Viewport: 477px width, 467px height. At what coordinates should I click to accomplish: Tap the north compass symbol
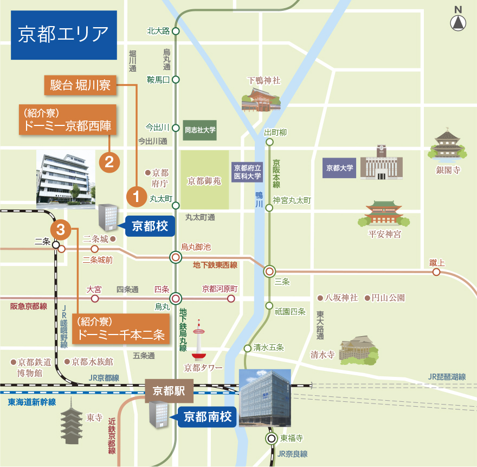pos(459,22)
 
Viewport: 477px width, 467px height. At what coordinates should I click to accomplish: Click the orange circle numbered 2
pos(109,162)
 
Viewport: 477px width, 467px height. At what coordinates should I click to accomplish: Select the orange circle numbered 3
pos(60,230)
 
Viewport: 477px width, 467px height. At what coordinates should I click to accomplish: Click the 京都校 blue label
pos(150,225)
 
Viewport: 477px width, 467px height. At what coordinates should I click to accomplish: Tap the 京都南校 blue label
pos(207,417)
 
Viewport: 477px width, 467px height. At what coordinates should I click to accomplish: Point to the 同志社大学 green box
pos(200,130)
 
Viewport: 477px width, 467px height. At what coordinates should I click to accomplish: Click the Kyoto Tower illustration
pos(199,342)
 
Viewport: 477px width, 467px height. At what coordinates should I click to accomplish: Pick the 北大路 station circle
pos(175,31)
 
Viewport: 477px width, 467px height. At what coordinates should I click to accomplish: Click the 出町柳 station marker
pos(269,142)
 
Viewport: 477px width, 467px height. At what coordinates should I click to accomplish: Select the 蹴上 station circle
pos(436,272)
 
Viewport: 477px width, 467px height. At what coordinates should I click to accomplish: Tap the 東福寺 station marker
pos(271,438)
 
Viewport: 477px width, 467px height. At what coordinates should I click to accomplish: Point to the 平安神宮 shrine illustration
pos(384,214)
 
